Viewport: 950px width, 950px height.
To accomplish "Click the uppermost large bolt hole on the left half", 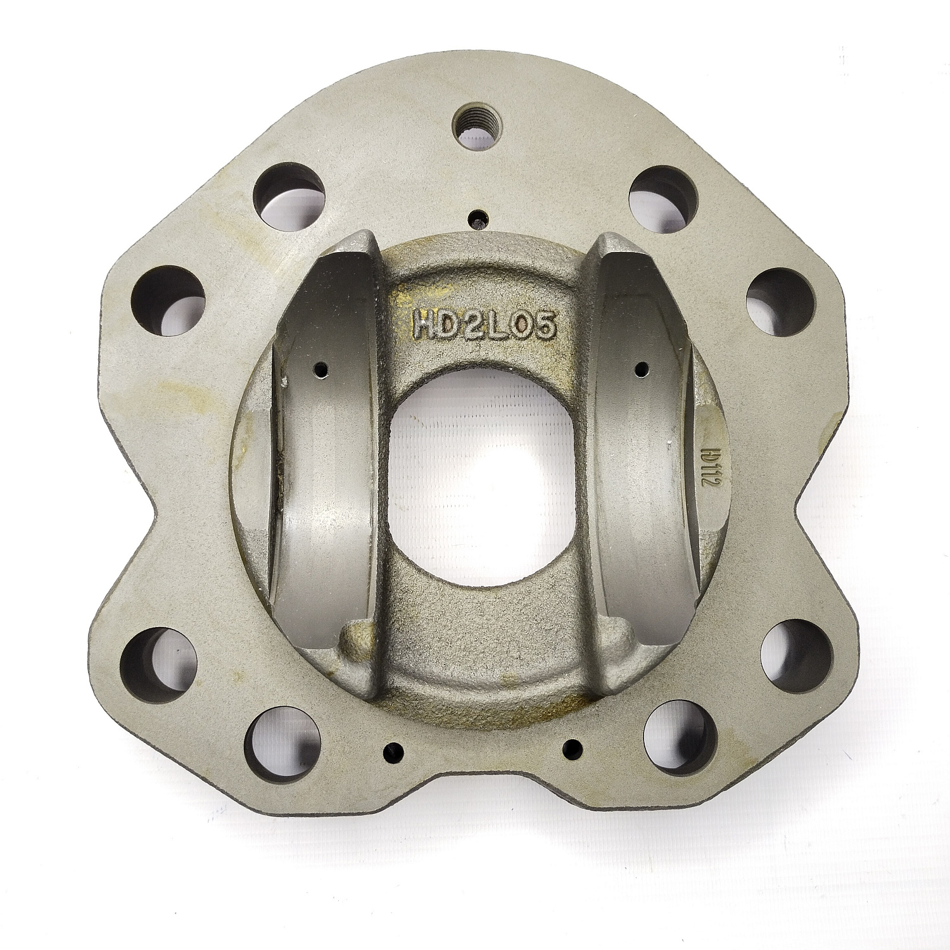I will point(284,193).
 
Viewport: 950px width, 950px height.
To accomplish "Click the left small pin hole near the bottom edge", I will point(393,747).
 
